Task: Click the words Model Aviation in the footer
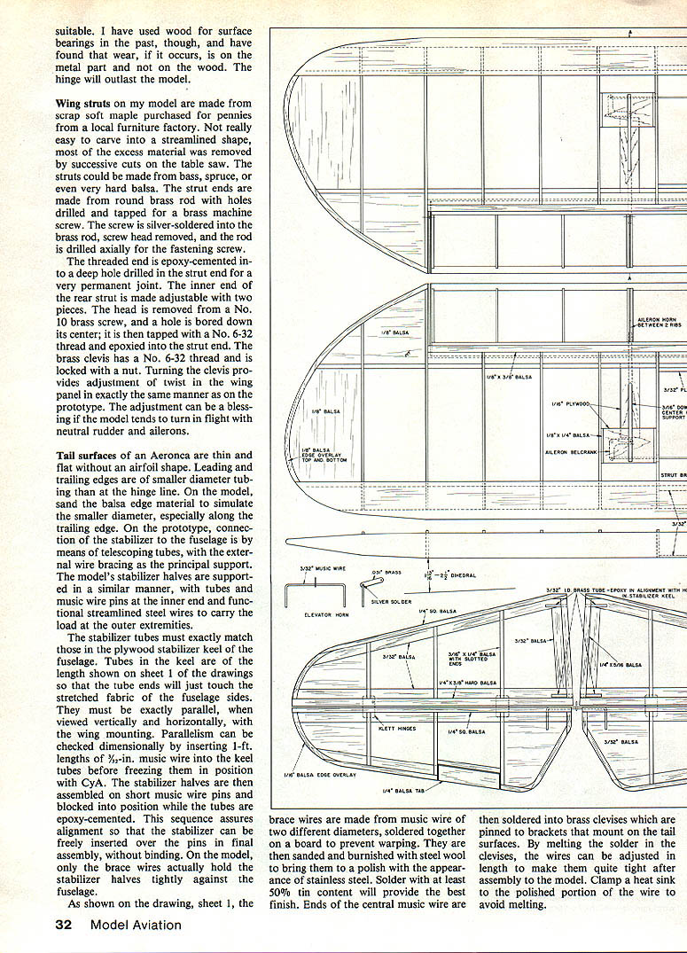pyautogui.click(x=136, y=926)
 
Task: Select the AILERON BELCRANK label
pyautogui.click(x=568, y=451)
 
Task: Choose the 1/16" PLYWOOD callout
pyautogui.click(x=570, y=404)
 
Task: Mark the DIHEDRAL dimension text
pyautogui.click(x=459, y=575)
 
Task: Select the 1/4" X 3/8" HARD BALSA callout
pyautogui.click(x=467, y=683)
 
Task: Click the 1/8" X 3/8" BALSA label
pyautogui.click(x=509, y=377)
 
